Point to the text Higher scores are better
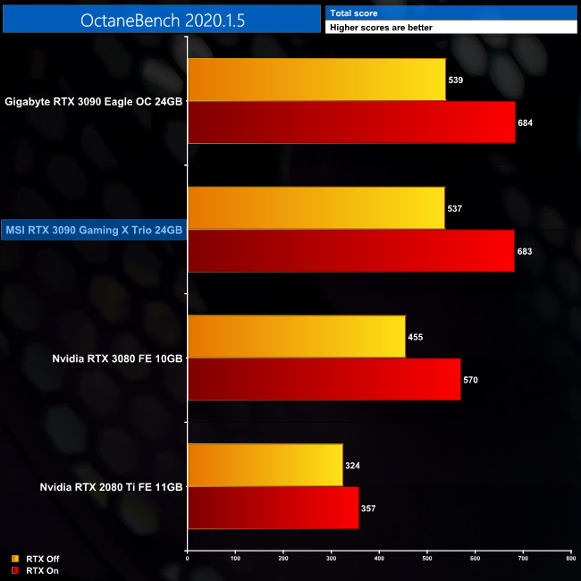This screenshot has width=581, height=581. pos(381,28)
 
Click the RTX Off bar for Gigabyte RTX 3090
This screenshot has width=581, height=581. pos(316,80)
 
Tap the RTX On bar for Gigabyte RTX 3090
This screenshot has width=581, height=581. pos(351,122)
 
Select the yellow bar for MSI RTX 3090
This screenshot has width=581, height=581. pos(316,208)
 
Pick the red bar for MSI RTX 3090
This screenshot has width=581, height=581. pos(350,251)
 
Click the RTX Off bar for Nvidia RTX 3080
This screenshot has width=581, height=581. pos(296,337)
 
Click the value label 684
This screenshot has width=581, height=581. pos(525,122)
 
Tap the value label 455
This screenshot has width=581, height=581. pos(415,337)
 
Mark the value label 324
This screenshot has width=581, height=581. pos(352,466)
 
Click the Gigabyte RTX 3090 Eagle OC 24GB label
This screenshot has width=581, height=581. pos(94,102)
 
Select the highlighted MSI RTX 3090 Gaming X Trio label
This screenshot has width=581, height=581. pos(94,231)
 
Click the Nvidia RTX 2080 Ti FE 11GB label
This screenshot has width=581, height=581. pos(111,487)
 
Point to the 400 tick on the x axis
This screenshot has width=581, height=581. pos(379,560)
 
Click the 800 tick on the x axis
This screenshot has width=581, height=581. pos(570,560)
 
